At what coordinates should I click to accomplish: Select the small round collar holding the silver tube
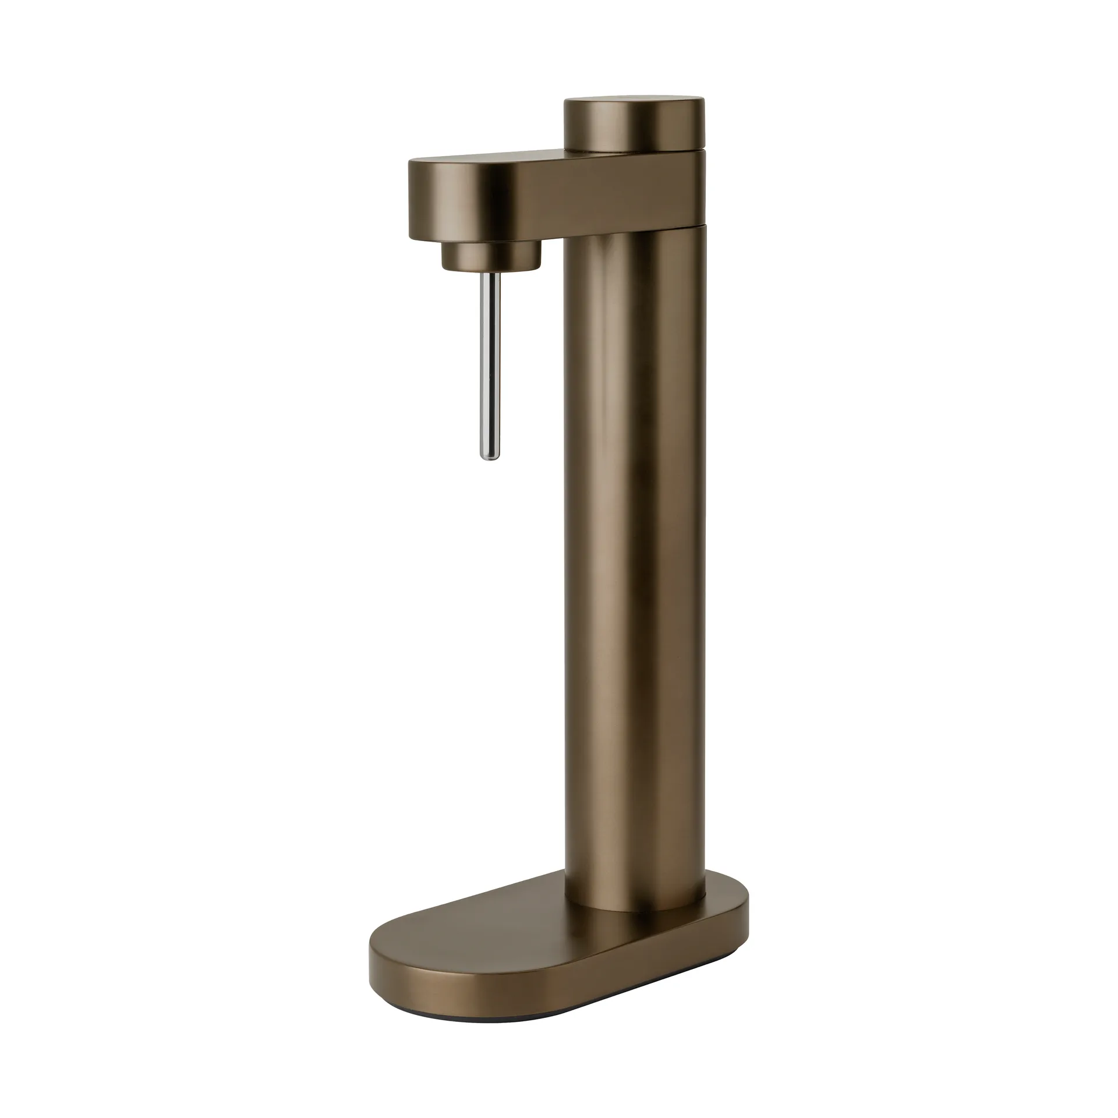[x=491, y=256]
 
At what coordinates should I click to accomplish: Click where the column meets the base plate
[x=635, y=908]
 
